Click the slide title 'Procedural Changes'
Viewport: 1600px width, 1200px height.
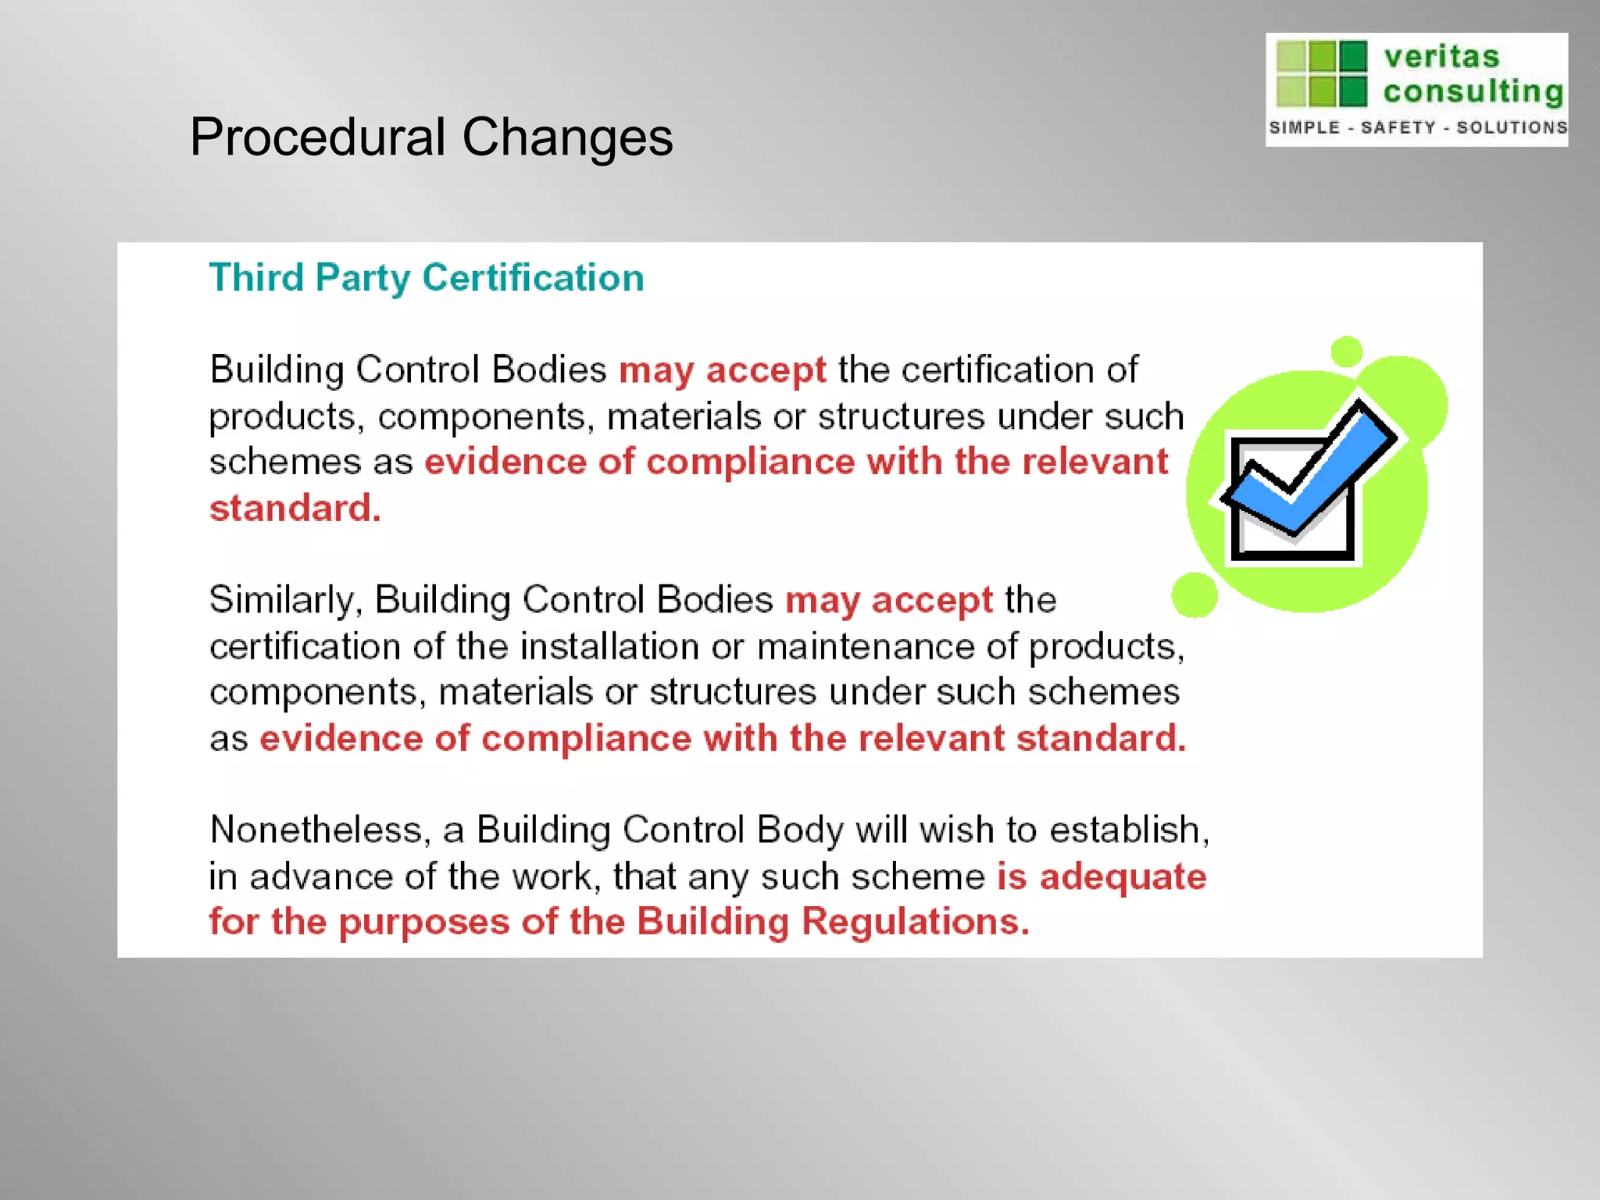[430, 137]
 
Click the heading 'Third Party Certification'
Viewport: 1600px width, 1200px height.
[427, 278]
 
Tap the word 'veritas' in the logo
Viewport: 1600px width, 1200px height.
[1441, 57]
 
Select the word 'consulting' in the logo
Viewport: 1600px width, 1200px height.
[1473, 91]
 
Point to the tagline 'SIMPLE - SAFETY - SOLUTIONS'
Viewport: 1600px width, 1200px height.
[1417, 127]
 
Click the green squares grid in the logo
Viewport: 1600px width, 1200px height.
[1321, 73]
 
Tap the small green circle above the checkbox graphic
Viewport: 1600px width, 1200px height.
[1346, 352]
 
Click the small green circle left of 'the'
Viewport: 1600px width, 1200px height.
[1194, 595]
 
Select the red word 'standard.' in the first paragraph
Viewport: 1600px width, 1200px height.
[295, 509]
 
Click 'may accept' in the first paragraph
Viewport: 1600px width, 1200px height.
[722, 370]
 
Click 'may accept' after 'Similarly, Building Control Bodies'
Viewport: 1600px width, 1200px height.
[888, 600]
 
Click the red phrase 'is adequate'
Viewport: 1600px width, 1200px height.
[1102, 877]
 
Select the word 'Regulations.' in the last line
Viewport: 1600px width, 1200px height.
[916, 922]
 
